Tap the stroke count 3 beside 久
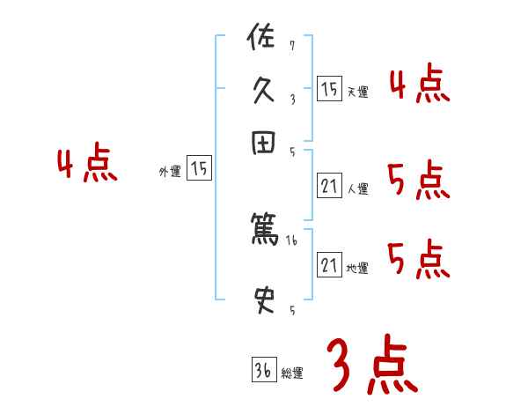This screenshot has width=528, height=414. click(291, 99)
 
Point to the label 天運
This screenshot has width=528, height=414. click(357, 92)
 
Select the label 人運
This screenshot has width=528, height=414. click(357, 188)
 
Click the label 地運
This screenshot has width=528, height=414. click(357, 268)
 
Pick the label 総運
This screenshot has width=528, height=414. click(292, 373)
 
